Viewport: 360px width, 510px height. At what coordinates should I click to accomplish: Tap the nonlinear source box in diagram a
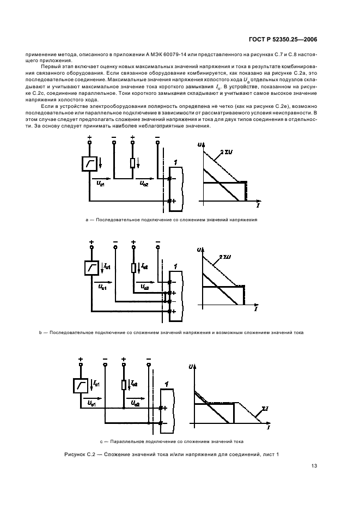click(x=89, y=163)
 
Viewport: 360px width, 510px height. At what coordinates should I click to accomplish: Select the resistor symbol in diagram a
click(x=132, y=164)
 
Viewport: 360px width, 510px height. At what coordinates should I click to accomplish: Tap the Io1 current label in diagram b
click(x=107, y=266)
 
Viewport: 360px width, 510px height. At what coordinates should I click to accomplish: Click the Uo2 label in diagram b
click(x=145, y=287)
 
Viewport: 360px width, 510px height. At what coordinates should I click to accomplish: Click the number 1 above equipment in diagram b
click(x=175, y=266)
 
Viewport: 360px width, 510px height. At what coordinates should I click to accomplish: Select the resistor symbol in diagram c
click(x=124, y=385)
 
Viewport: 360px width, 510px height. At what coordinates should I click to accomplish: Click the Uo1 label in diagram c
click(x=91, y=404)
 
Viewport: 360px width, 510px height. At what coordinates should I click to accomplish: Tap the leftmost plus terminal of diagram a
click(x=89, y=137)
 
